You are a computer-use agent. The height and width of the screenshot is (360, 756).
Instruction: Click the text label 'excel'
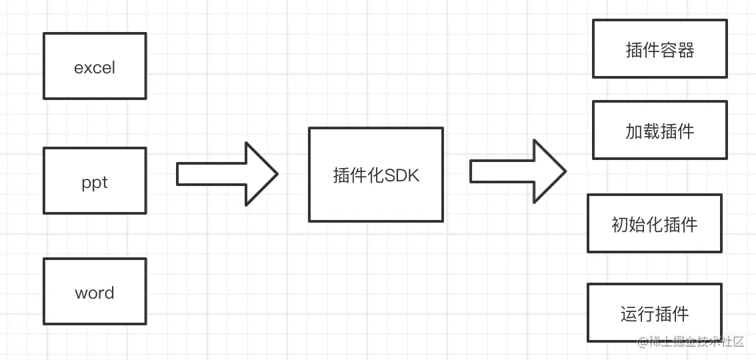95,68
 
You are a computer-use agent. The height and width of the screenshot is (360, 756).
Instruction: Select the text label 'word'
95,293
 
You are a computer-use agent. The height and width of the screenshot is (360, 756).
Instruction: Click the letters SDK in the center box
403,175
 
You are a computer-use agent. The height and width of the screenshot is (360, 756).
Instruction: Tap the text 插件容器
659,50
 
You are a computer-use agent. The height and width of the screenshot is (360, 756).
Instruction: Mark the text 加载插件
659,131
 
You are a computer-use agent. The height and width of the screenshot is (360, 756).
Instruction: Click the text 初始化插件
654,224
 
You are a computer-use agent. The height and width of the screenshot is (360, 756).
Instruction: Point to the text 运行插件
654,314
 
